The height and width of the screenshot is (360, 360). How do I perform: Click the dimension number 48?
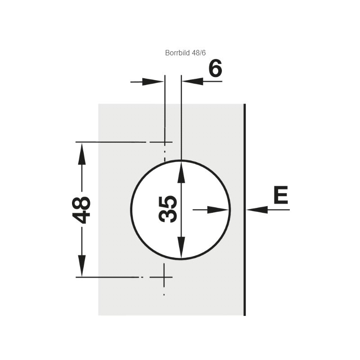coord(81,210)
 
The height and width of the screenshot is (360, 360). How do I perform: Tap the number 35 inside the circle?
coord(168,209)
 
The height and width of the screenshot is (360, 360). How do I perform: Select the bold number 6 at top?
coord(216,68)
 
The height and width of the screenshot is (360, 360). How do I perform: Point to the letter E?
coord(281,195)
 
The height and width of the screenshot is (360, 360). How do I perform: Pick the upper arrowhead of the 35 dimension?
coord(181,172)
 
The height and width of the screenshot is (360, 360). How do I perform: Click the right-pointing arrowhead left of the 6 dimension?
coord(153,82)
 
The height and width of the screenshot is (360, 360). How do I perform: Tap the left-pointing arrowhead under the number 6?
coord(193,81)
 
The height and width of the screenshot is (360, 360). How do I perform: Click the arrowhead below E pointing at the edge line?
coord(257,210)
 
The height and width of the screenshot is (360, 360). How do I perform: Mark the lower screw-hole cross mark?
coord(164,277)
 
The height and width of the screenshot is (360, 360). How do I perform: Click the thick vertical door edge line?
coord(244,210)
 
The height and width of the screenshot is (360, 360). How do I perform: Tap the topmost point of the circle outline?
coord(181,160)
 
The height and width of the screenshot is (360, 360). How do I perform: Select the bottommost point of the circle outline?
coord(181,259)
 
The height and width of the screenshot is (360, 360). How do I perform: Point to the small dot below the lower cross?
coord(164,295)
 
